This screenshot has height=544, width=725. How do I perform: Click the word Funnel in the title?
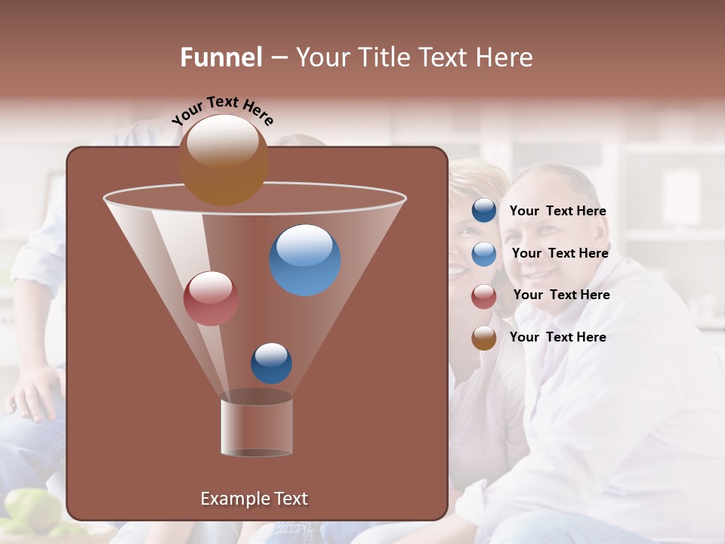point(221,57)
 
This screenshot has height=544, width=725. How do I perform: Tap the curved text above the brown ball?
point(223,110)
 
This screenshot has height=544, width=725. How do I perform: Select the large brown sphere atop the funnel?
point(224,159)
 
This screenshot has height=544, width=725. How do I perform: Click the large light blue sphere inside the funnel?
point(305,260)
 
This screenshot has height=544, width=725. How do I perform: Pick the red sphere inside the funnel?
point(211,298)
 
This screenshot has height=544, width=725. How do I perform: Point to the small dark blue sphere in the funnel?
point(271,363)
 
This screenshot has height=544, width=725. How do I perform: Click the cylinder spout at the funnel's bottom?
point(257,426)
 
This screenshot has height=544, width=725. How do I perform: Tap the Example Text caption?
point(254,499)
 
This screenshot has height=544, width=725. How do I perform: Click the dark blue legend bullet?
point(484,211)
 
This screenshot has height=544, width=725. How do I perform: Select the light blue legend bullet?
point(484,254)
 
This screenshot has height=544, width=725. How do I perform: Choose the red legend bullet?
point(484,296)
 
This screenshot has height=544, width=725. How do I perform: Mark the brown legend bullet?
point(484,338)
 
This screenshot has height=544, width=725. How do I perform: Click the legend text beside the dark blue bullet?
point(557,212)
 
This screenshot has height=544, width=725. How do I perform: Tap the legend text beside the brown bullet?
point(557,337)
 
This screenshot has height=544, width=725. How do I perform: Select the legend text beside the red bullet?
point(561,295)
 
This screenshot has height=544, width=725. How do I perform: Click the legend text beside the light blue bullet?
point(560,253)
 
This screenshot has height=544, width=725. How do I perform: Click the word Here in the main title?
point(504,57)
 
